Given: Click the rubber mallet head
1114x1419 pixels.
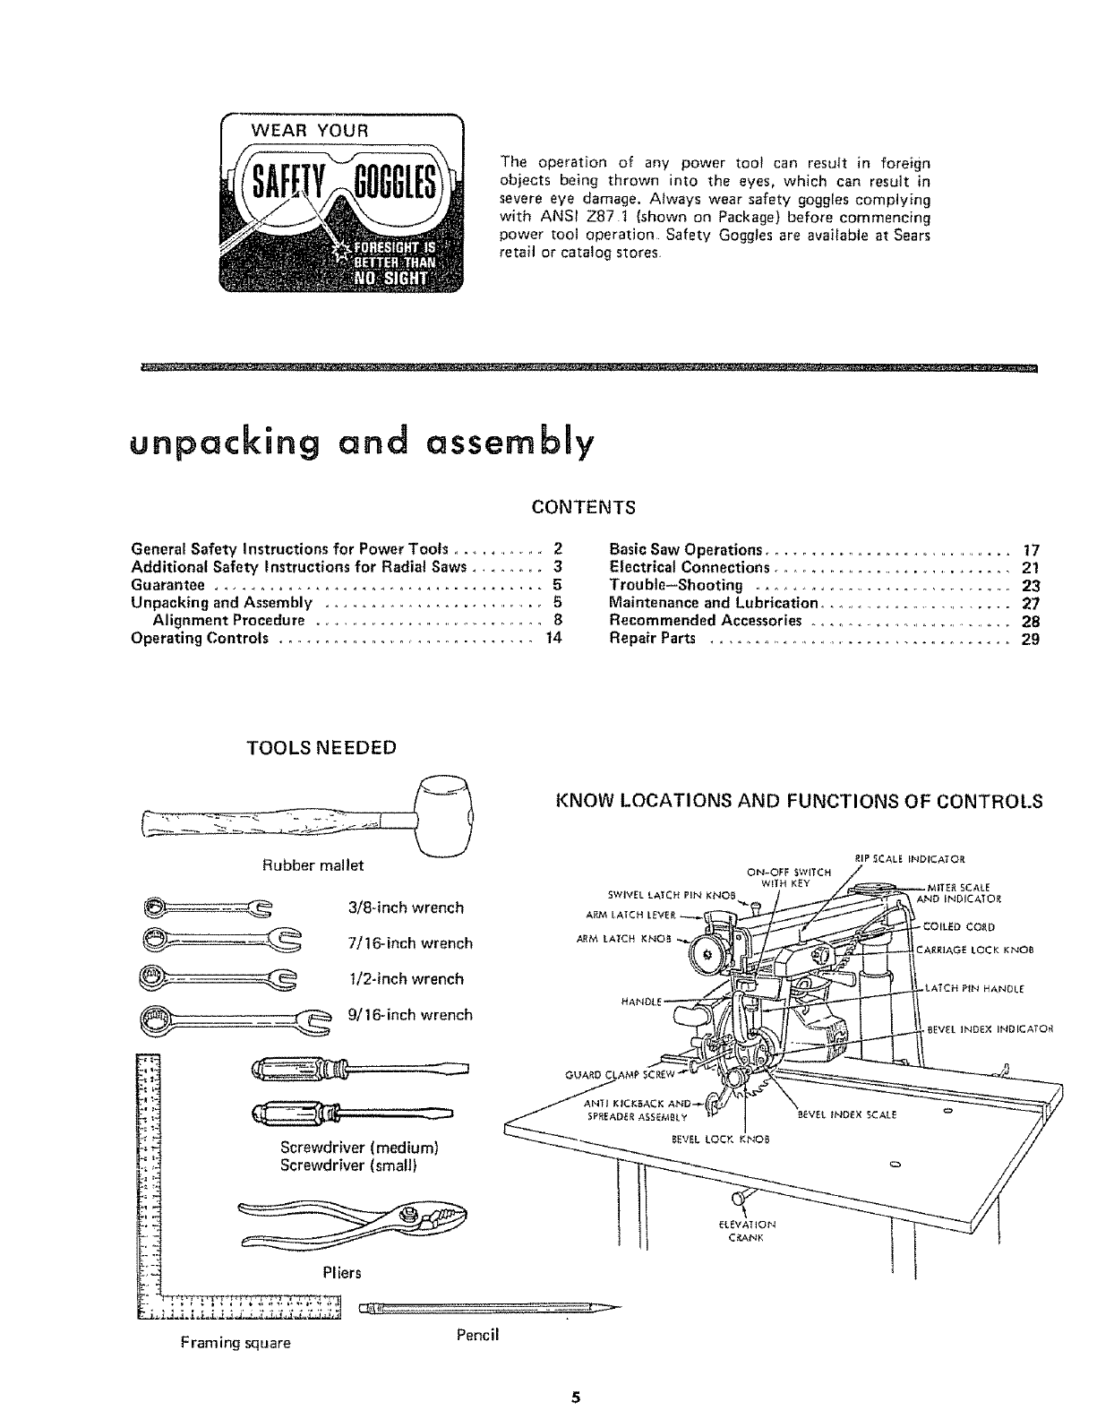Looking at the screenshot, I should [x=445, y=814].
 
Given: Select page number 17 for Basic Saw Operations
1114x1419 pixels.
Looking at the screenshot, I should [x=1030, y=550].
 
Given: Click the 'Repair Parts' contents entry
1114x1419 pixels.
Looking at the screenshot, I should [x=652, y=640].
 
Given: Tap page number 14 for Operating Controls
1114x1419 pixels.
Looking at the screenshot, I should [x=553, y=640].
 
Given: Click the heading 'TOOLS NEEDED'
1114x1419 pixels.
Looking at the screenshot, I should [x=321, y=748].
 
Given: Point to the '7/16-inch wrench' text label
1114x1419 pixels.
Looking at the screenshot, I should [x=409, y=943].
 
